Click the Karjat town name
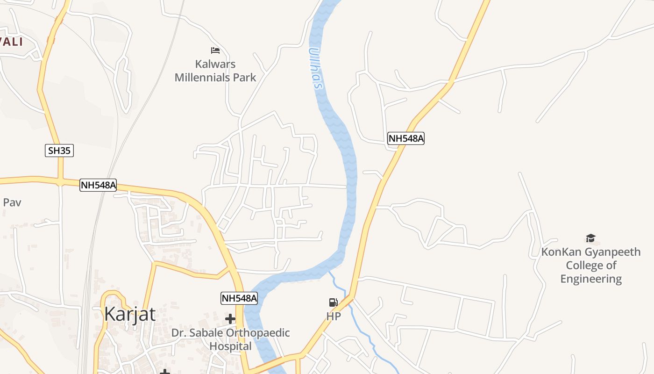point(130,314)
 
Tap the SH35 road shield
point(59,151)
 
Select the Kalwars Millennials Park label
point(215,71)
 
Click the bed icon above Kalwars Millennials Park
point(215,50)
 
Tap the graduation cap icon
point(591,238)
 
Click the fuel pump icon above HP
point(333,302)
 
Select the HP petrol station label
point(334,316)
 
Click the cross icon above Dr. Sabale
point(230,319)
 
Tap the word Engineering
point(591,279)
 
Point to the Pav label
point(12,202)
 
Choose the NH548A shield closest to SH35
point(98,185)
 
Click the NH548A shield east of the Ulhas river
point(406,138)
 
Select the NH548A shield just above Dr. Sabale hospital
point(239,298)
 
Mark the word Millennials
point(215,77)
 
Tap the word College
point(584,266)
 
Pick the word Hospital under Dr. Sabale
point(230,346)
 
